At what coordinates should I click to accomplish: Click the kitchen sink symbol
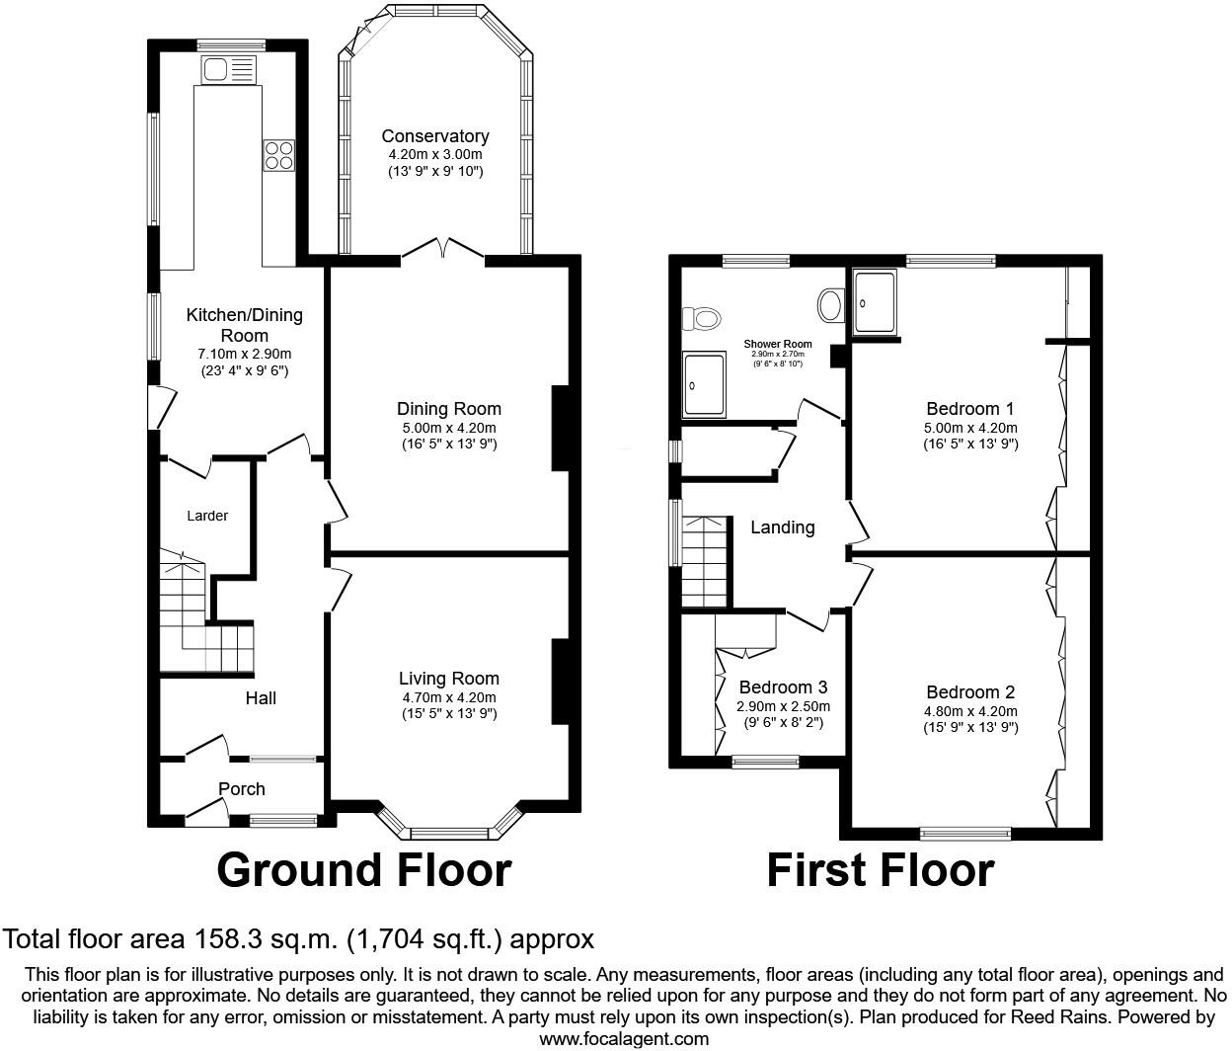coord(228,69)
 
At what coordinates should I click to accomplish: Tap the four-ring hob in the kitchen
coord(278,156)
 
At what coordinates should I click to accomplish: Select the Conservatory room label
coord(434,136)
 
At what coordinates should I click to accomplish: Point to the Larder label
coord(207,516)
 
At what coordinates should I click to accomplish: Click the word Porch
coord(241,788)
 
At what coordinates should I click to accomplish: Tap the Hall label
coord(261,698)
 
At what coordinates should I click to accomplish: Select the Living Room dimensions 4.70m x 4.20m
coord(448,697)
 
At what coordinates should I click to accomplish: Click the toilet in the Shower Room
coord(703,318)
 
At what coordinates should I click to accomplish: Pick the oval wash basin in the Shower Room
coord(831,305)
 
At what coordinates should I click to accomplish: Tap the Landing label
coord(782,527)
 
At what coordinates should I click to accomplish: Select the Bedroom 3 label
coord(783,687)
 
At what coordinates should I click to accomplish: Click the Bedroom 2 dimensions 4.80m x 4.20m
coord(969,711)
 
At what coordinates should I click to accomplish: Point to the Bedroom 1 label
coord(969,409)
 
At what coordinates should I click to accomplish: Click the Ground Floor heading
coord(363,870)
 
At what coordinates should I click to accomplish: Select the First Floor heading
coord(880,870)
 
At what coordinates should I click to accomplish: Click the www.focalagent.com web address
coord(623,1038)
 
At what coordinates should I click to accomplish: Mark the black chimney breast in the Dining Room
coord(560,428)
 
